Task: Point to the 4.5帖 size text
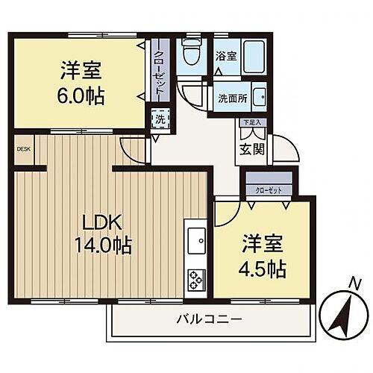coord(263,269)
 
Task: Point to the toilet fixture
coord(192,54)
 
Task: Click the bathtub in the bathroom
coord(253,54)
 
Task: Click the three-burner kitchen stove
coord(197,279)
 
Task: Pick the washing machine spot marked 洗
coord(159,119)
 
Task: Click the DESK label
coord(23,148)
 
